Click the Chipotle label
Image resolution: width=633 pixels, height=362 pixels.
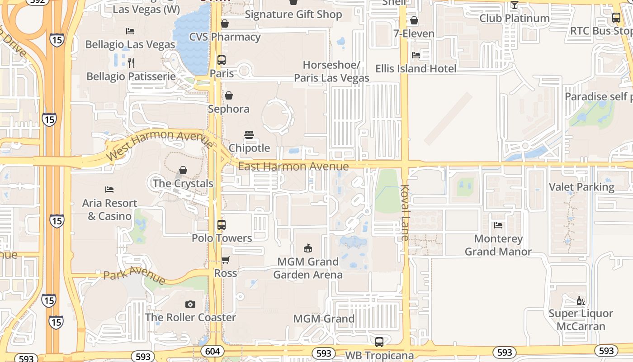pos(249,148)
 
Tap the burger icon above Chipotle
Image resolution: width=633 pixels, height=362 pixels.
pos(249,134)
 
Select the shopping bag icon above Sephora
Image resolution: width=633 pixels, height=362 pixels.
pos(229,95)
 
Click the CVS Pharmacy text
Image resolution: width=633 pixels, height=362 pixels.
pos(225,37)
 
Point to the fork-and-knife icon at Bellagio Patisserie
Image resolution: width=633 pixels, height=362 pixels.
pos(131,62)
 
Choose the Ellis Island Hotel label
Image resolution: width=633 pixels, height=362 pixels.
pos(416,69)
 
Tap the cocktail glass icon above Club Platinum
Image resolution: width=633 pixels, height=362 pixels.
pos(514,5)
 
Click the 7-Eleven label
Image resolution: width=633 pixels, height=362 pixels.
pos(414,33)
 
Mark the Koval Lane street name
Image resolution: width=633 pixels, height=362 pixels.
pos(405,212)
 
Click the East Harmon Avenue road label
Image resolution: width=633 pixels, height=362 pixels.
pos(293,167)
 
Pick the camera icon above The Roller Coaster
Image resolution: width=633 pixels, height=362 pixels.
pos(190,304)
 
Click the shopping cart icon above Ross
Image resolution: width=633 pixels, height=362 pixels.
pos(225,260)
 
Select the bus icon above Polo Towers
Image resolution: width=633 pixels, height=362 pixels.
pos(222,224)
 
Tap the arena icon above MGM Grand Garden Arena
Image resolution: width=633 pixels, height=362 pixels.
pos(308,248)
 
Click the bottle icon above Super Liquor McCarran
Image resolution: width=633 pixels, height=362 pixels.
pos(581,300)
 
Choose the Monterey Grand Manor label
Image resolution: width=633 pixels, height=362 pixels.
pos(498,245)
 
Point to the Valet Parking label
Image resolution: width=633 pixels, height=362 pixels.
pos(581,187)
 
